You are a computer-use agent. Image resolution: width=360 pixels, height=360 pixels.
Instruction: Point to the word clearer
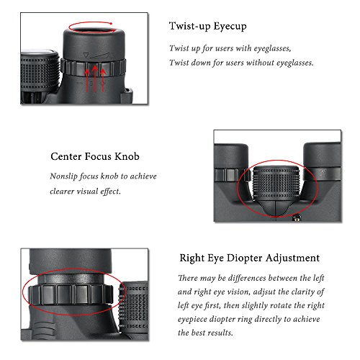coord(68,192)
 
